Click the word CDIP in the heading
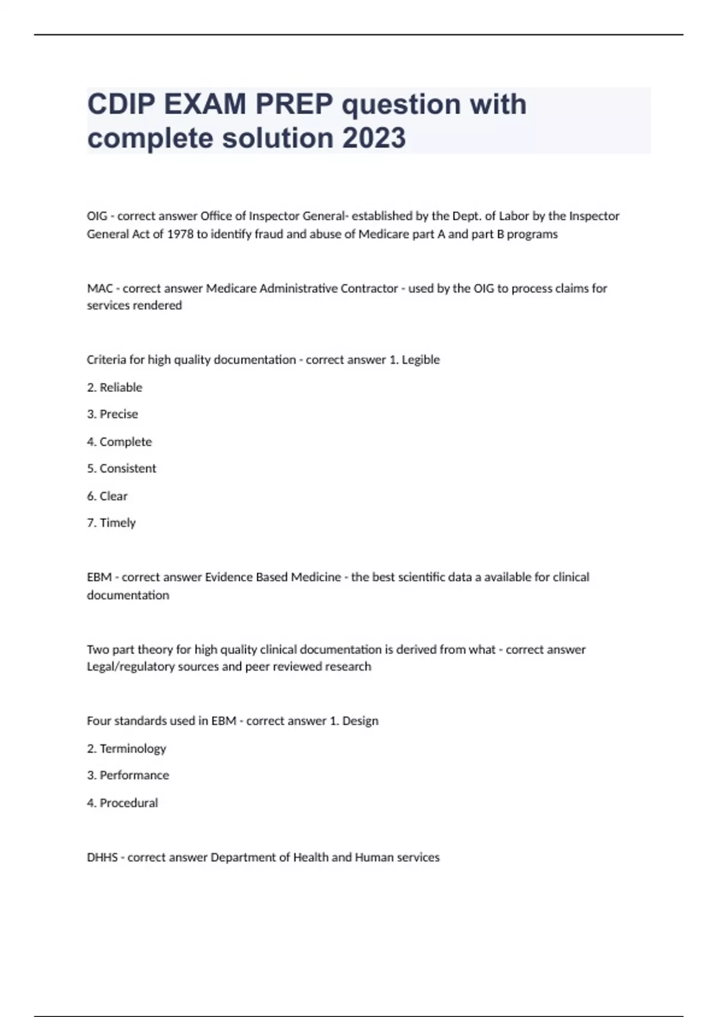[x=123, y=105]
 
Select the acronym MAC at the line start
[x=100, y=288]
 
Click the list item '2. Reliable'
[x=115, y=388]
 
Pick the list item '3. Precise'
[x=112, y=414]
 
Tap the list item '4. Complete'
[x=120, y=441]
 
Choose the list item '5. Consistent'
[x=121, y=468]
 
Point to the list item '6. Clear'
[x=108, y=496]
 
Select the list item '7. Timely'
[x=111, y=523]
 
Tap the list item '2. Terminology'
[x=126, y=748]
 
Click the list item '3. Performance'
[x=128, y=775]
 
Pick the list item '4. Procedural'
[x=123, y=803]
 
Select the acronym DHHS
[x=102, y=857]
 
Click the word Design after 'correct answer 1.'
[x=360, y=721]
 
